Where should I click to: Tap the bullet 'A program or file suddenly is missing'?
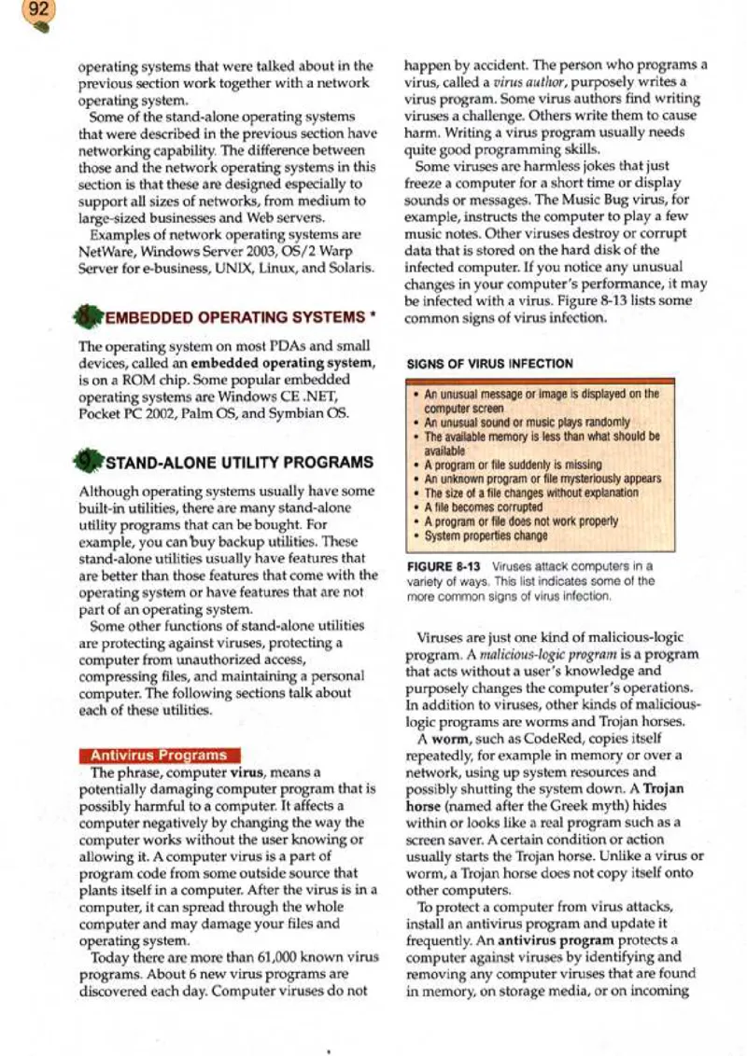pyautogui.click(x=500, y=462)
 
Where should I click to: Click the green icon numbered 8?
pyautogui.click(x=92, y=315)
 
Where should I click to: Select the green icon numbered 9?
pyautogui.click(x=92, y=461)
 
